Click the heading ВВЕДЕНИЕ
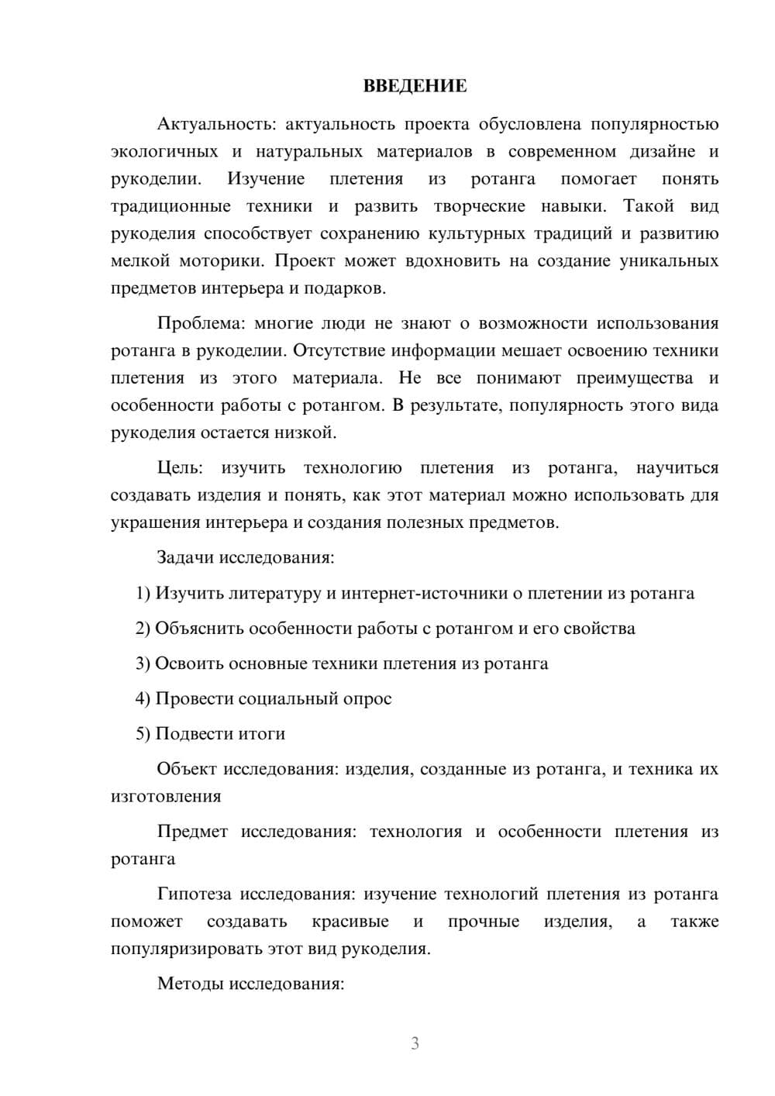tap(415, 86)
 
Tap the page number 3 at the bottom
tap(415, 1043)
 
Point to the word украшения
tap(155, 522)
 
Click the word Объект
tap(187, 769)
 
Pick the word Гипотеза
tap(194, 894)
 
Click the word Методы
tap(188, 984)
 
